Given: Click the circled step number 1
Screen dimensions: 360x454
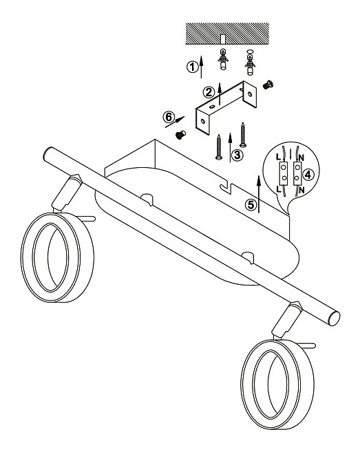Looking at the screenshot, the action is point(192,67).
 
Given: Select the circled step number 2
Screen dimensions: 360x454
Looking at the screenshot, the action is point(209,92).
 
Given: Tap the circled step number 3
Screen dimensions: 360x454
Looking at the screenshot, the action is point(237,155).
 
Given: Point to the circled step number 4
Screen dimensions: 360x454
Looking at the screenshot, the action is point(308,175).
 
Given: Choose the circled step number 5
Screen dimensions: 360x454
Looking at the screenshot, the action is point(251,205).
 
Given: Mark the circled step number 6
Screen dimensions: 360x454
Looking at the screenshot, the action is point(169,117).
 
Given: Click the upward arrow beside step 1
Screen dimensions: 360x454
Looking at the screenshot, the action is point(201,67).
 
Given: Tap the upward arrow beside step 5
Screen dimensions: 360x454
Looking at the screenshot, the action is point(259,193).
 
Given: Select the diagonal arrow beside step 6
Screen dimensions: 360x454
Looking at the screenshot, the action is point(175,122).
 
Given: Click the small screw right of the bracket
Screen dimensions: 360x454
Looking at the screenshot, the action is point(268,85).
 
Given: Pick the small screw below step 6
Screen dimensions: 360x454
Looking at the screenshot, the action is point(181,135).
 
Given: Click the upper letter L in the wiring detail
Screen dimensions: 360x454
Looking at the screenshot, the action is point(278,158).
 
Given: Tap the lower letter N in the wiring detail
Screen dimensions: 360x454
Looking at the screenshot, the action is point(301,191).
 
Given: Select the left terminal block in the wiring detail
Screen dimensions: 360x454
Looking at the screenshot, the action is point(284,173).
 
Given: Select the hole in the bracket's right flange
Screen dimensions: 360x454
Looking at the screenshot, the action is point(250,94).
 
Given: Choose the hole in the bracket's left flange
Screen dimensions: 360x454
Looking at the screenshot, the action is point(203,121).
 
